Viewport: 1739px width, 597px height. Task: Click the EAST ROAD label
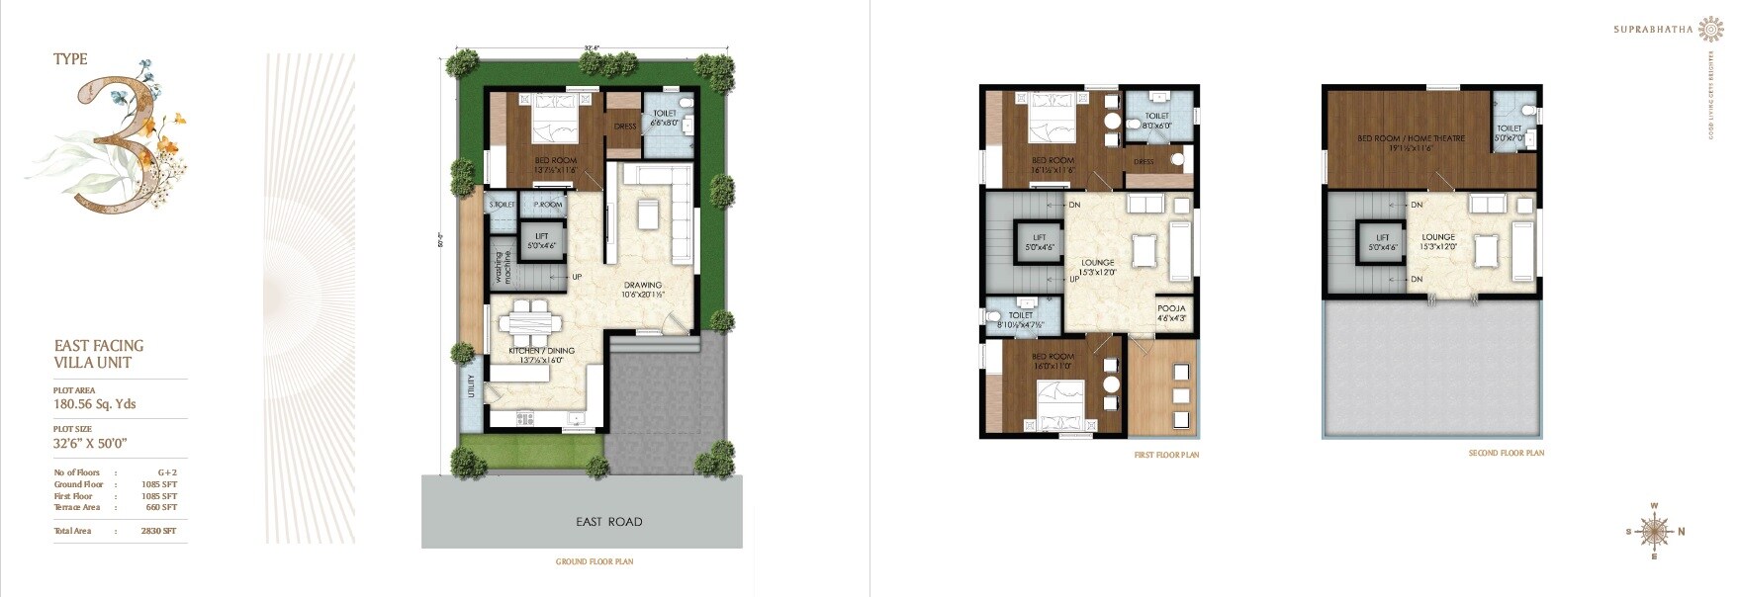609,522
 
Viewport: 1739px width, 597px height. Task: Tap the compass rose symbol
1654,532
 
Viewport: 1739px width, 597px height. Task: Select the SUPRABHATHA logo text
1653,30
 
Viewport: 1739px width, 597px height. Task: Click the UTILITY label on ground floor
472,386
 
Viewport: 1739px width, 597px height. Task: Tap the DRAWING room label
643,289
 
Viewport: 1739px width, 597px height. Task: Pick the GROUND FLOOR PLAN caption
595,561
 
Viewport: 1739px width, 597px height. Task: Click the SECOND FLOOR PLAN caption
1506,453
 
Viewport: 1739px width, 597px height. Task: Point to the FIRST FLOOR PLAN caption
1166,455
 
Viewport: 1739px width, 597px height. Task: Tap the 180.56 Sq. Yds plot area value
95,404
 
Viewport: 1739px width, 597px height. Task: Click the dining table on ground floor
529,322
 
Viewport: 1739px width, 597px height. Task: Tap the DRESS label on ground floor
625,127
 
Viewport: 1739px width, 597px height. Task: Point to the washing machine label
503,266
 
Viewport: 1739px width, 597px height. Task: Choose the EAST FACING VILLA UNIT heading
99,354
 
